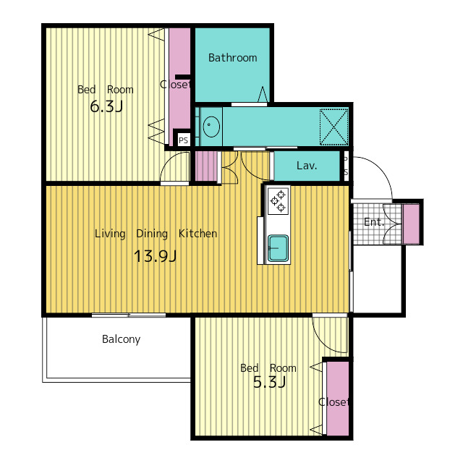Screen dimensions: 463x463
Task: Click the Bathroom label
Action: (233, 58)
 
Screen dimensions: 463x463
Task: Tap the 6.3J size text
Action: (106, 106)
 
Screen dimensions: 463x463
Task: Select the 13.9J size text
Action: (155, 256)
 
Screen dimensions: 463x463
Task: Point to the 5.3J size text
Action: (269, 382)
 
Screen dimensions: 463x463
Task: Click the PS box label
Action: (183, 140)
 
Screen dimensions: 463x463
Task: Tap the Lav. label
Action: (307, 166)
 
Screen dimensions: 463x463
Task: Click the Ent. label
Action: (374, 222)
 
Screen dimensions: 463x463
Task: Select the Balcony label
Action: (121, 339)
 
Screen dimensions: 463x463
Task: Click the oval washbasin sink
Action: (211, 127)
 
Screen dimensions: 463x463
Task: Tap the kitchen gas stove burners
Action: (278, 201)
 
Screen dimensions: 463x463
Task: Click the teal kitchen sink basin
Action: (278, 248)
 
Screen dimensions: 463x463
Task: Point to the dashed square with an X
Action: (334, 127)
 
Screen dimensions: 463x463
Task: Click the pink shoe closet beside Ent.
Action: (411, 224)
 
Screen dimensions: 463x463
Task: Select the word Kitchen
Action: (197, 234)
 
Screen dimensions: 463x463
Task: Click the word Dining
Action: (152, 234)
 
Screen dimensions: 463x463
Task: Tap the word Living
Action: (110, 234)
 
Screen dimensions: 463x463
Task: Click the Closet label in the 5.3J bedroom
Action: (334, 402)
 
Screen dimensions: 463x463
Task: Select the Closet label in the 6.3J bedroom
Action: (175, 85)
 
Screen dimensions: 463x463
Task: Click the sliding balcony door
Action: (129, 315)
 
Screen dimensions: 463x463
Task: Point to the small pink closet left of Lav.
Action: (206, 166)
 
